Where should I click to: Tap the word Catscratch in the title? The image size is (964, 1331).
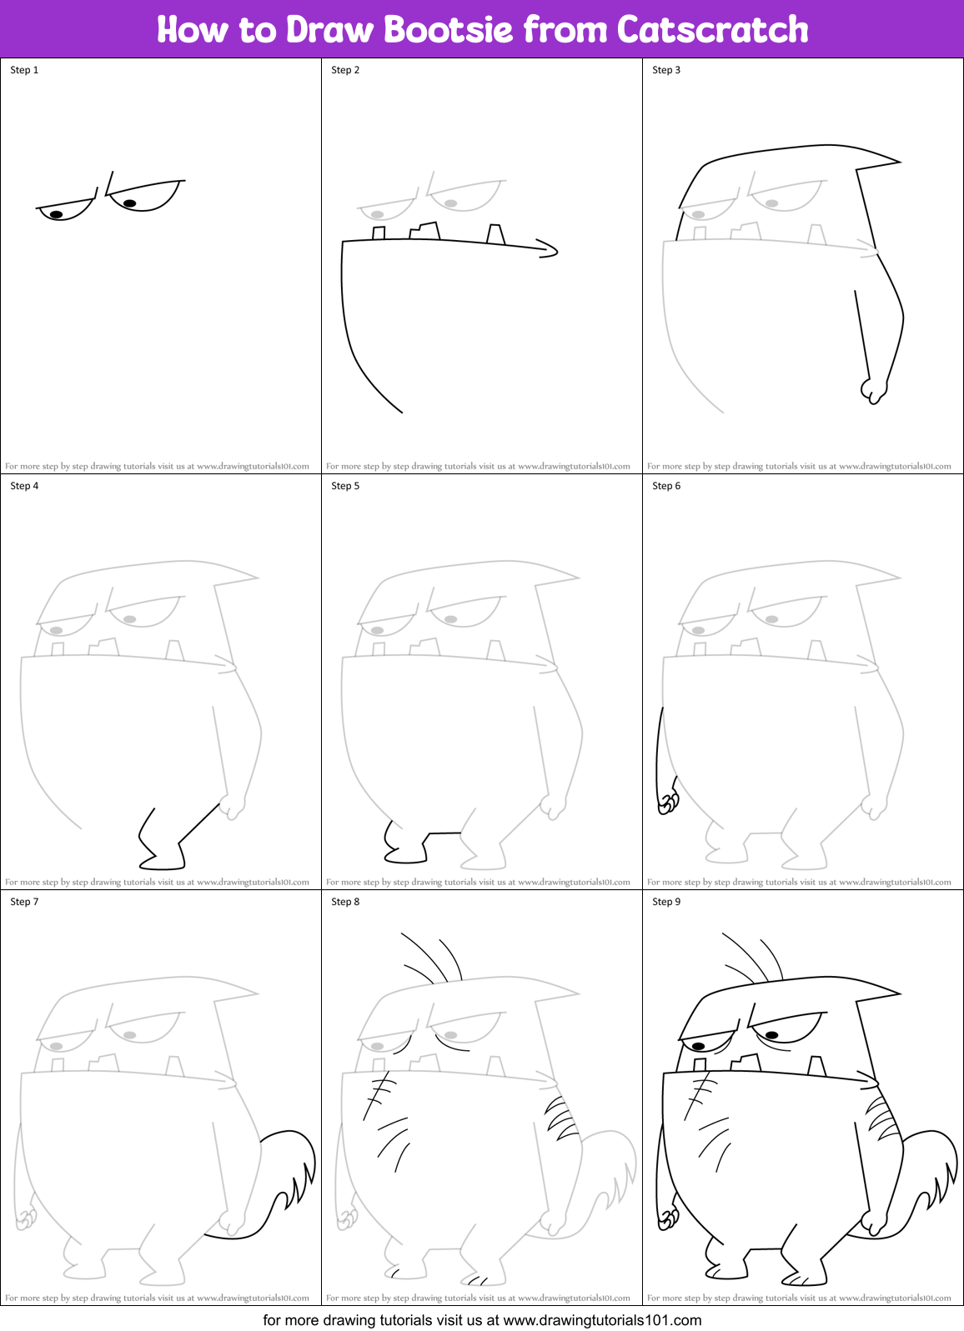(x=713, y=30)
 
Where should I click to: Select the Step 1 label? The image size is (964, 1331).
(x=24, y=70)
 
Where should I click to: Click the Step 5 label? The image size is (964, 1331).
(x=345, y=486)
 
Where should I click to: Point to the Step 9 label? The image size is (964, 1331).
(x=666, y=902)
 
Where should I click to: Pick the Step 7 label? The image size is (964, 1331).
(x=24, y=902)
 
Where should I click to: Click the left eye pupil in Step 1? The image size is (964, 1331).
(x=56, y=214)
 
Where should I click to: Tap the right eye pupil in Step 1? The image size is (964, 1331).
(x=129, y=203)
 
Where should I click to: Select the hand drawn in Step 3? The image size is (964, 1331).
(x=873, y=390)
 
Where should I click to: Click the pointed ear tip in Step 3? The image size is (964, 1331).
(x=897, y=162)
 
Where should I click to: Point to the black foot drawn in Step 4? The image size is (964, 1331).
(x=163, y=854)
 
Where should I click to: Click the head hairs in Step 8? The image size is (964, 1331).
(x=434, y=958)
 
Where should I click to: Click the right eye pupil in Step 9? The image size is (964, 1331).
(x=772, y=1035)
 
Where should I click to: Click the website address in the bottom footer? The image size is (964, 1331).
(x=602, y=1320)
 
